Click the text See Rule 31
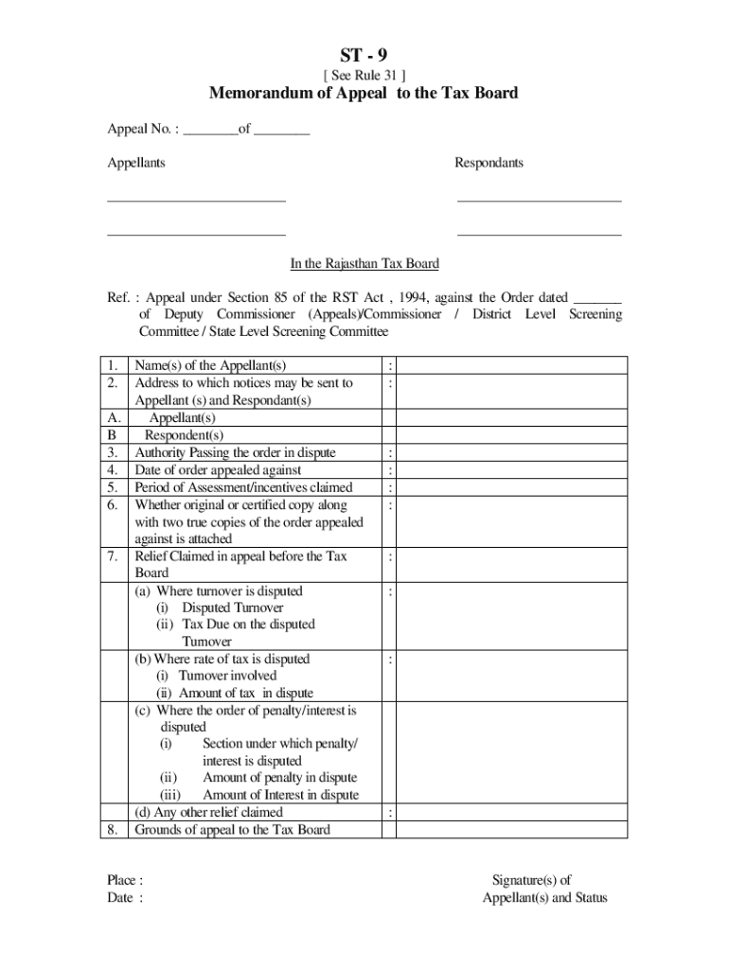coord(364,76)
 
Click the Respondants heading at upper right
coord(489,163)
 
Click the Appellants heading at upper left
coord(136,163)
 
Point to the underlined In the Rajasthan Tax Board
coord(364,264)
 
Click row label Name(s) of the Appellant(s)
coord(210,365)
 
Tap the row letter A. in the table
coord(114,417)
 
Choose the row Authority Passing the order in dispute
coord(235,452)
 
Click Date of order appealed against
coord(218,469)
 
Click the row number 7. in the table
coord(113,556)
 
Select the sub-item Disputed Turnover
coord(232,608)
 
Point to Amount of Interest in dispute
coord(280,795)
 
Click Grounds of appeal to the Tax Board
coord(232,830)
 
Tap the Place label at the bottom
coord(125,880)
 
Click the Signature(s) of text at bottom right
coord(531,880)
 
